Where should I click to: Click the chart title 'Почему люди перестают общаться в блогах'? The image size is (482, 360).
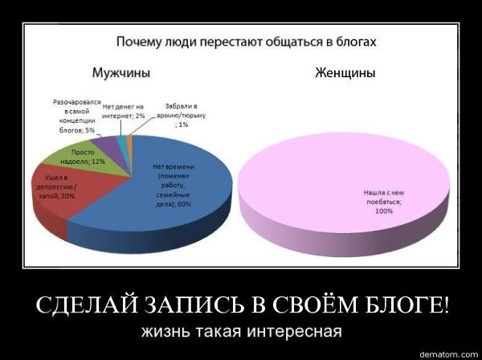pyautogui.click(x=247, y=42)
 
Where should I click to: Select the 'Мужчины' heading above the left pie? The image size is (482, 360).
pyautogui.click(x=122, y=73)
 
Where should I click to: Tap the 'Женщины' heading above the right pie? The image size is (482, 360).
pyautogui.click(x=345, y=73)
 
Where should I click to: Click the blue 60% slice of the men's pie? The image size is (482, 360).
pyautogui.click(x=172, y=197)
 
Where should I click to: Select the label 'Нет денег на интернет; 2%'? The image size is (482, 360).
pyautogui.click(x=123, y=111)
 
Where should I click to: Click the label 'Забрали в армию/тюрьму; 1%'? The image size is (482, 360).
pyautogui.click(x=182, y=115)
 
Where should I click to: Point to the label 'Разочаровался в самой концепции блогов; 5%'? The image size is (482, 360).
pyautogui.click(x=77, y=116)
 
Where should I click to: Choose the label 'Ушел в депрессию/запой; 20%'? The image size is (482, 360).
pyautogui.click(x=57, y=187)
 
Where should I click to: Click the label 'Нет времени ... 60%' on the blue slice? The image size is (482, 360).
pyautogui.click(x=174, y=186)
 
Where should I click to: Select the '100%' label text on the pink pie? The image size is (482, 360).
pyautogui.click(x=384, y=211)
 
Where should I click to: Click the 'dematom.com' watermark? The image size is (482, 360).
pyautogui.click(x=449, y=354)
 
